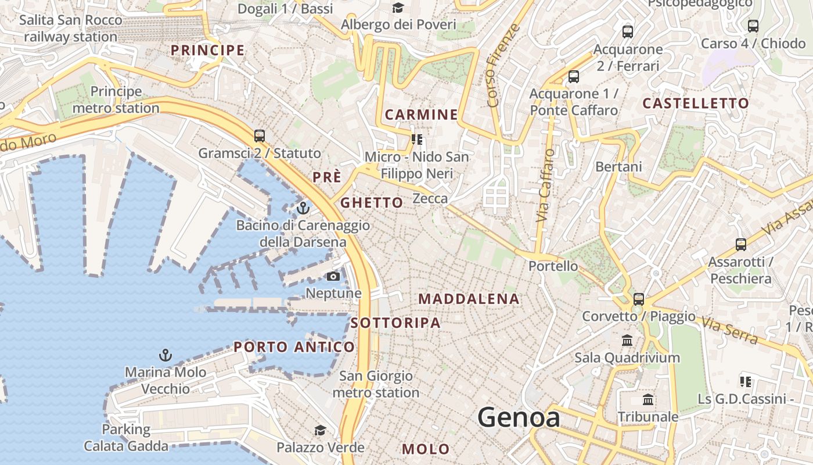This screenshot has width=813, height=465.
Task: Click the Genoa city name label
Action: [x=519, y=418]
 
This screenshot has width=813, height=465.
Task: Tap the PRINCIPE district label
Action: [x=207, y=51]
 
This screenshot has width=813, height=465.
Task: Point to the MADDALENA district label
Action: [x=469, y=299]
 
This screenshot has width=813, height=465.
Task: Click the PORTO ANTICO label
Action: [x=294, y=347]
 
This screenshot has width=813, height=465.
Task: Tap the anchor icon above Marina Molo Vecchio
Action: [x=166, y=355]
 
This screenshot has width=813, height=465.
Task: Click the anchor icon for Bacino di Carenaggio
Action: [x=303, y=208]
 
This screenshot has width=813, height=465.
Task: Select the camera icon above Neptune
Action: [x=333, y=276]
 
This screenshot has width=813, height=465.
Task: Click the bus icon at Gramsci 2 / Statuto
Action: [x=260, y=136]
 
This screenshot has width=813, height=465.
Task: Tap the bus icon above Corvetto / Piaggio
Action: [x=639, y=299]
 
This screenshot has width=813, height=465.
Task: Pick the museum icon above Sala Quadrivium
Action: [x=627, y=340]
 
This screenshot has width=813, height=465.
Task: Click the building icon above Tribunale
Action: [x=648, y=400]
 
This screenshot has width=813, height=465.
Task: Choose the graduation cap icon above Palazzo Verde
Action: [x=320, y=431]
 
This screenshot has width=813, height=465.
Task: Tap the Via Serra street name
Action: [x=729, y=330]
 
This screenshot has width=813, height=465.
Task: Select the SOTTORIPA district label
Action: [x=395, y=323]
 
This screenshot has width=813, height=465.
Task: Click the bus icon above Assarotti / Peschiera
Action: [x=740, y=244]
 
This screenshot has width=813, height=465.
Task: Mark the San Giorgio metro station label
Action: [x=376, y=384]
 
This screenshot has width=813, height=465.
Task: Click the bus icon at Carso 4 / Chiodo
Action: [x=753, y=26]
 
